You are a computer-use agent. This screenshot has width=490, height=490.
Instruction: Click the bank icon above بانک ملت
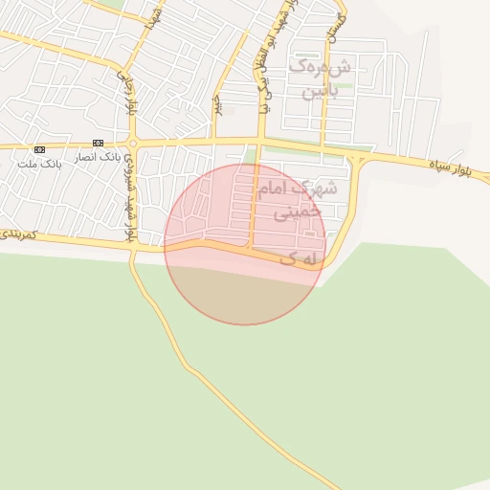tap(39, 149)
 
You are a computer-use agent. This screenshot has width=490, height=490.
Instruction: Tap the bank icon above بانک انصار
tap(98, 143)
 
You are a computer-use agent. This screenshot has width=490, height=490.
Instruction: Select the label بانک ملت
tap(39, 164)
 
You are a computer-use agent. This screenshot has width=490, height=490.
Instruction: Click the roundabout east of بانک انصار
tap(133, 145)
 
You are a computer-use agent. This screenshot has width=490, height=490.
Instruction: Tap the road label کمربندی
tap(18, 233)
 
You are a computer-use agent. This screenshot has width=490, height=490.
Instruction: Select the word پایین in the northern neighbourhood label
tap(320, 93)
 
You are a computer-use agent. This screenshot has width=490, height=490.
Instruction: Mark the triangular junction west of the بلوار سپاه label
tap(355, 165)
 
